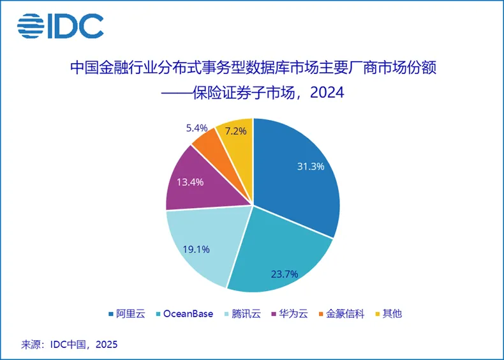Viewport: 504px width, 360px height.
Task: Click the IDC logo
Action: pyautogui.click(x=60, y=26)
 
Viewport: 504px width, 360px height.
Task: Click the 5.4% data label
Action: pyautogui.click(x=198, y=128)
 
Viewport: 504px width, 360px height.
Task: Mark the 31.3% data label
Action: pyautogui.click(x=311, y=167)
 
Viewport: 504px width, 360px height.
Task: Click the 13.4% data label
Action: pyautogui.click(x=189, y=182)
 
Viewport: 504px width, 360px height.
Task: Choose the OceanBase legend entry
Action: pyautogui.click(x=185, y=313)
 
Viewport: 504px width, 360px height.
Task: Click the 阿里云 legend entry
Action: pyautogui.click(x=127, y=313)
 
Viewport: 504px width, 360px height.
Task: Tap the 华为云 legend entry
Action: pyautogui.click(x=293, y=313)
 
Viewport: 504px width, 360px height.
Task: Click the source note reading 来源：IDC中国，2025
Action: pyautogui.click(x=70, y=344)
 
